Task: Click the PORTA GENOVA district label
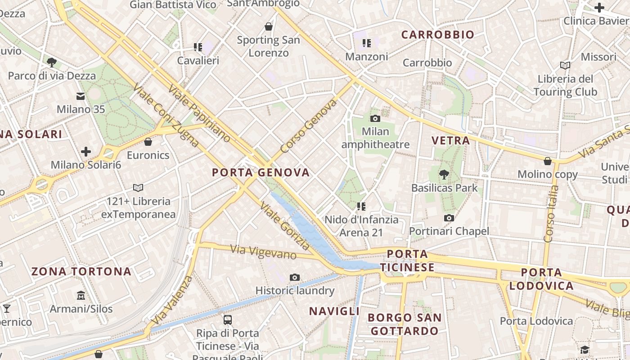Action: [x=261, y=172]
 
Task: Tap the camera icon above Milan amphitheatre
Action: [x=375, y=118]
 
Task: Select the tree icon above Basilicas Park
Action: [x=444, y=174]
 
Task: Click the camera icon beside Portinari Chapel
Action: [x=449, y=218]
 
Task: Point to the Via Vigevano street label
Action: [x=263, y=252]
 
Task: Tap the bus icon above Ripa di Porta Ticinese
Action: [x=228, y=320]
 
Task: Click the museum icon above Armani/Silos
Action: [x=81, y=295]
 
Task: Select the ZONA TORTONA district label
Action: [x=81, y=271]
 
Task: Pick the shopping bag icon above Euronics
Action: [x=148, y=142]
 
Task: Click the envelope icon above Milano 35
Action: [x=81, y=96]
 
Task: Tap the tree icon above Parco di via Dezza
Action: [x=52, y=62]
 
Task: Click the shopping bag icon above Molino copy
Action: [x=548, y=161]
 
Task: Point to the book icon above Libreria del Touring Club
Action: [x=565, y=65]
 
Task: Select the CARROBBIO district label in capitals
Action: [x=437, y=35]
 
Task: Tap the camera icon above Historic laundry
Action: [x=295, y=277]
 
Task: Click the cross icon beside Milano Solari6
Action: [x=86, y=152]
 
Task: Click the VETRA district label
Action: [x=450, y=140]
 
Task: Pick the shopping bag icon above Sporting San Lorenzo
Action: [x=269, y=27]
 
